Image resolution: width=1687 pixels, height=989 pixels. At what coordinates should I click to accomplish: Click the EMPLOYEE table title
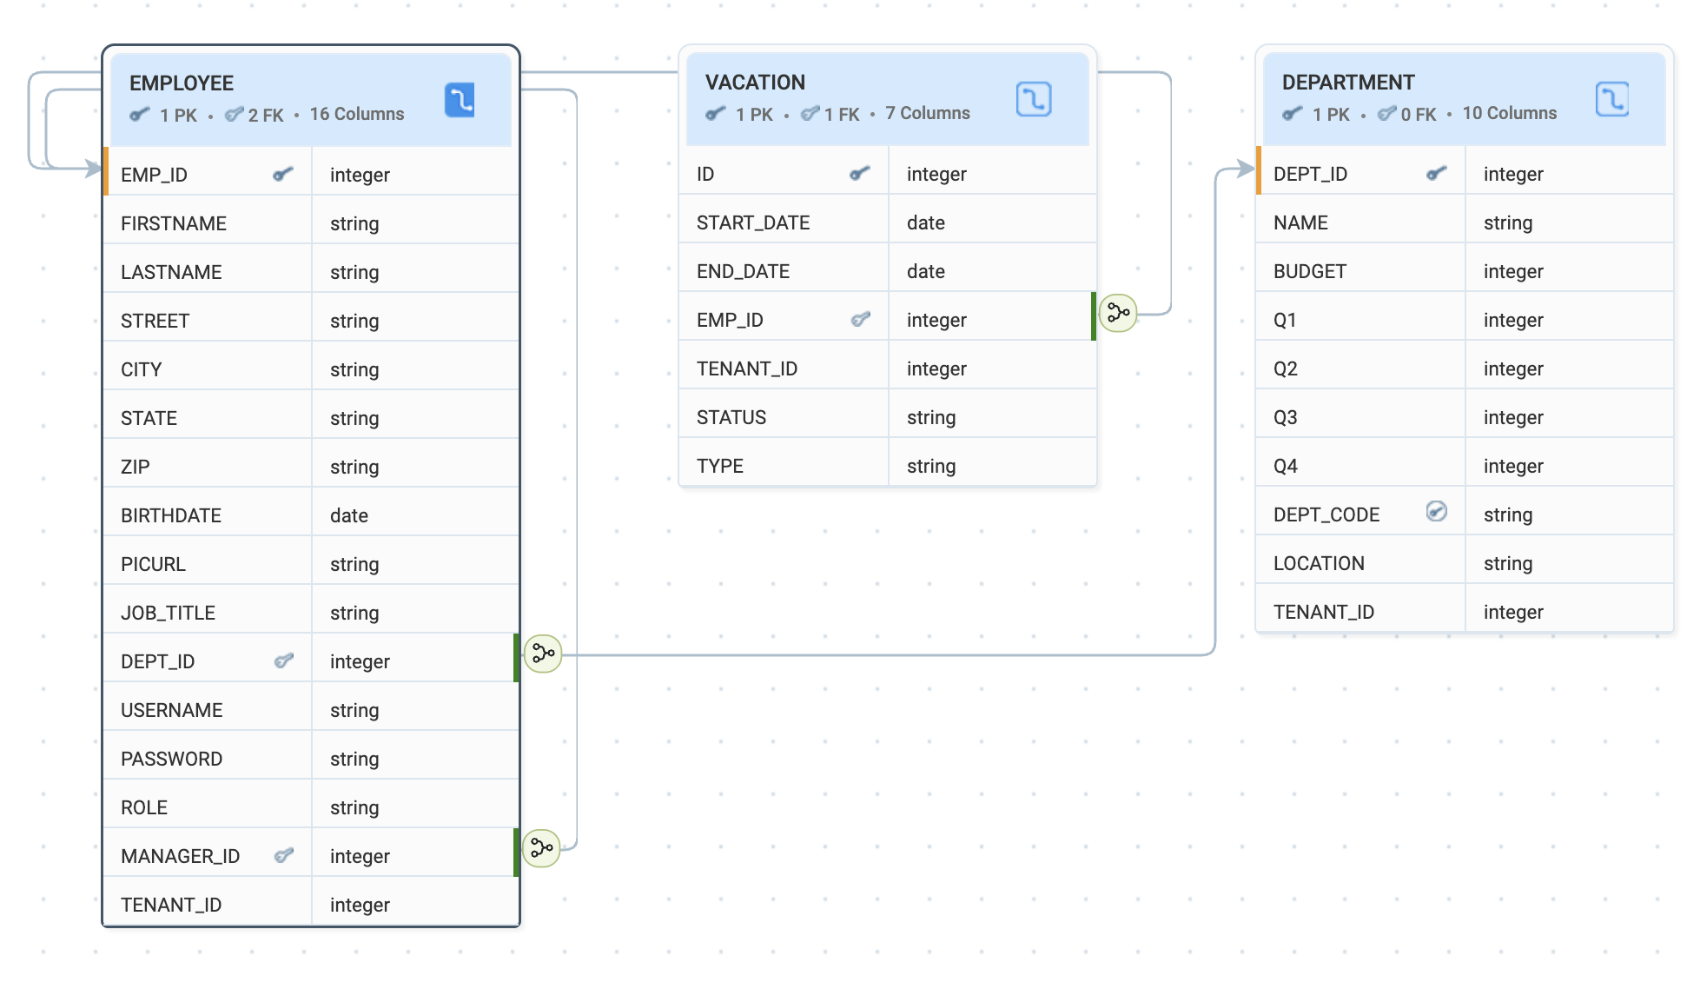(x=182, y=83)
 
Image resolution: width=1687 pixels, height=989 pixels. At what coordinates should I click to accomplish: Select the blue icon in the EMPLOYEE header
(x=460, y=100)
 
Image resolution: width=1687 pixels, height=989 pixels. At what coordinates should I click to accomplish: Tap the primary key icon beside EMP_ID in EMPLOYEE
(x=283, y=175)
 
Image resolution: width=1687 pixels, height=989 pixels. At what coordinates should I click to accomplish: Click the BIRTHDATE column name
(x=171, y=515)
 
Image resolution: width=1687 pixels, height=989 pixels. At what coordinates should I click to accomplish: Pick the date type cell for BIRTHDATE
(x=349, y=515)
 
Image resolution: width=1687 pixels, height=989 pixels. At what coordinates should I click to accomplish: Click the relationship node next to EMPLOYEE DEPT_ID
(x=543, y=654)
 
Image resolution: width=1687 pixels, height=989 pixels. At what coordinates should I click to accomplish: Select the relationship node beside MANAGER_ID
(x=541, y=848)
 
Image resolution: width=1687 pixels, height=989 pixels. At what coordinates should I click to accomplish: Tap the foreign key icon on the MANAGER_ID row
(x=283, y=856)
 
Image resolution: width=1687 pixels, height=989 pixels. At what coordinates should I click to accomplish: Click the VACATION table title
(x=755, y=83)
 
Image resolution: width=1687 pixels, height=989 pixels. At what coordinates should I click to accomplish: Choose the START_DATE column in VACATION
(x=753, y=222)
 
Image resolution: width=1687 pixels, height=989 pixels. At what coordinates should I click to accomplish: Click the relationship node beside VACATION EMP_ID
(x=1118, y=312)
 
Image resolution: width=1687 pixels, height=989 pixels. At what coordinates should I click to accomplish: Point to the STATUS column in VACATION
(x=731, y=417)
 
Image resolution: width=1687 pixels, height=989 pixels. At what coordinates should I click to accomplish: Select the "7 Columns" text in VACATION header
(x=928, y=113)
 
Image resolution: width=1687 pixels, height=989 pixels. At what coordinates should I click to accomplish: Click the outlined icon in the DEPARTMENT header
(x=1612, y=99)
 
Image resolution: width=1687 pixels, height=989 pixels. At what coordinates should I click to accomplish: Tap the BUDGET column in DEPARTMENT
(x=1310, y=271)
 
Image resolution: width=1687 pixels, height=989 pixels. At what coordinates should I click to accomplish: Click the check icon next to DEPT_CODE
(x=1437, y=512)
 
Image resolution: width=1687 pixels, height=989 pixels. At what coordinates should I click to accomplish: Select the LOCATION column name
(x=1319, y=563)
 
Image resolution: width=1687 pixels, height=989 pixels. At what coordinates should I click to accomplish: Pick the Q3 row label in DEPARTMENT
(x=1286, y=417)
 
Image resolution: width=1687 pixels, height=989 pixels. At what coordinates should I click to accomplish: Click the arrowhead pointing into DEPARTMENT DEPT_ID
(x=1247, y=169)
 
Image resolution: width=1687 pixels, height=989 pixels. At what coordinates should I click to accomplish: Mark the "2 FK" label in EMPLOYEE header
(x=266, y=115)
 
